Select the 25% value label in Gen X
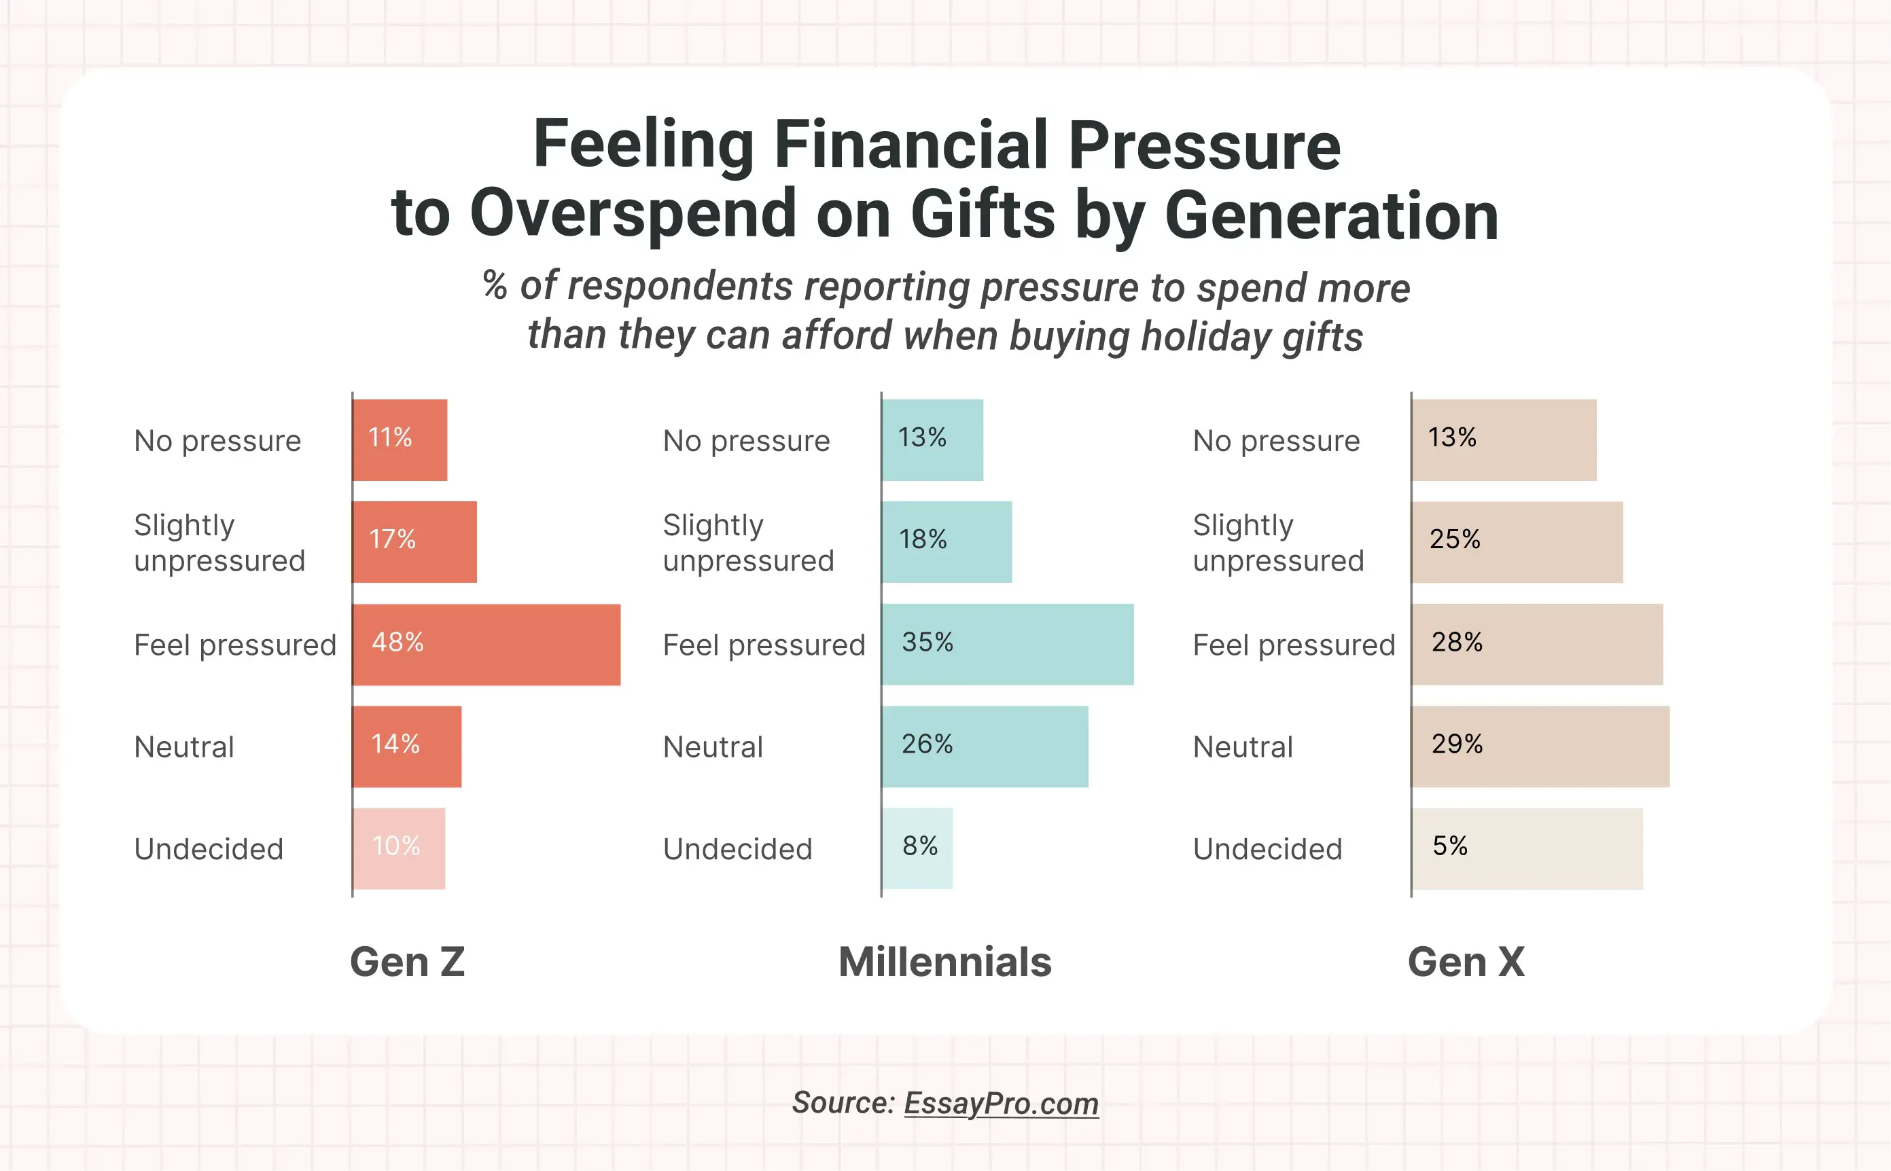tap(1454, 539)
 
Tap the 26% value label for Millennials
tap(927, 744)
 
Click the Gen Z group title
tap(408, 962)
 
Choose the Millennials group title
tap(944, 962)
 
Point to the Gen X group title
tap(1466, 962)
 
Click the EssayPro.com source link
tap(1001, 1104)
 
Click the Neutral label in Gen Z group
tap(183, 747)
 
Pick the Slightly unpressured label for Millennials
tap(747, 542)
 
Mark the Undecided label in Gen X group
tap(1267, 850)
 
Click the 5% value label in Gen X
tap(1449, 846)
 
